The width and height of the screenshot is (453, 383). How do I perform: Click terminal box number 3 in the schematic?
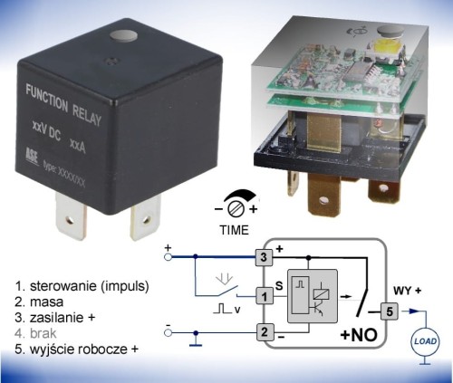[x=264, y=257]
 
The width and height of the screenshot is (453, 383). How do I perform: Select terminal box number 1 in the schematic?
[x=265, y=296]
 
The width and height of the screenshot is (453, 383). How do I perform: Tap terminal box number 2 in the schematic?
[x=265, y=332]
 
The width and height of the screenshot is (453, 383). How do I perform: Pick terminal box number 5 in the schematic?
[x=390, y=311]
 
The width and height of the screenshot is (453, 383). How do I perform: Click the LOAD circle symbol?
[x=425, y=341]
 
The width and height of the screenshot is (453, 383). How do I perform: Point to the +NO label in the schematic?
[x=359, y=335]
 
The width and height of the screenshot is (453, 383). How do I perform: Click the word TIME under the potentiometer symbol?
[x=234, y=230]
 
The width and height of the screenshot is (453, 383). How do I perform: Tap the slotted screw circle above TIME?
[x=236, y=209]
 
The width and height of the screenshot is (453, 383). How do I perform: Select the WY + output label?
[x=407, y=291]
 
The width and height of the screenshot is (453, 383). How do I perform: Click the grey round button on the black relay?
[x=124, y=35]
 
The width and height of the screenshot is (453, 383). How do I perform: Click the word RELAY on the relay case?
[x=87, y=115]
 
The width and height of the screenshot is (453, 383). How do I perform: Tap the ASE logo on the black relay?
[x=32, y=157]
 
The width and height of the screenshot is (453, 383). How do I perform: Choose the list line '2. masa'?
[x=39, y=302]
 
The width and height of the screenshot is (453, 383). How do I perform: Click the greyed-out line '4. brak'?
[x=35, y=333]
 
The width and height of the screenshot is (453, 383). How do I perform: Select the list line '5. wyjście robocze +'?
[x=76, y=349]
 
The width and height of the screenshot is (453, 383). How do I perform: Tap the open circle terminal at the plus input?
[x=169, y=257]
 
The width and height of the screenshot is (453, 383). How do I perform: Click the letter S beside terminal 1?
[x=279, y=285]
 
